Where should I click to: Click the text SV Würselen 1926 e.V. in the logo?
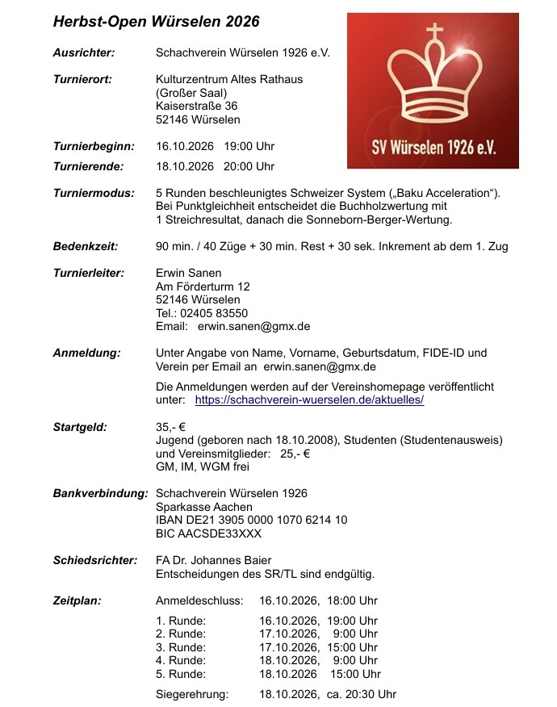click(433, 149)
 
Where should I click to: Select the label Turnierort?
click(82, 79)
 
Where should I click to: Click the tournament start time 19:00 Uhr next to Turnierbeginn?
click(249, 147)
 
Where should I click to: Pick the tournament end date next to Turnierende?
click(184, 166)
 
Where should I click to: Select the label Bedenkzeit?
click(86, 246)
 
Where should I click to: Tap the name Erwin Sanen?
click(188, 273)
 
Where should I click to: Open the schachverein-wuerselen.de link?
click(309, 400)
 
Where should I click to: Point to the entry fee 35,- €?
click(171, 427)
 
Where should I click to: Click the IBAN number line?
click(251, 521)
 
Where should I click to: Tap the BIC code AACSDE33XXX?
click(208, 533)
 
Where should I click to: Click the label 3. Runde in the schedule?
click(181, 647)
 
